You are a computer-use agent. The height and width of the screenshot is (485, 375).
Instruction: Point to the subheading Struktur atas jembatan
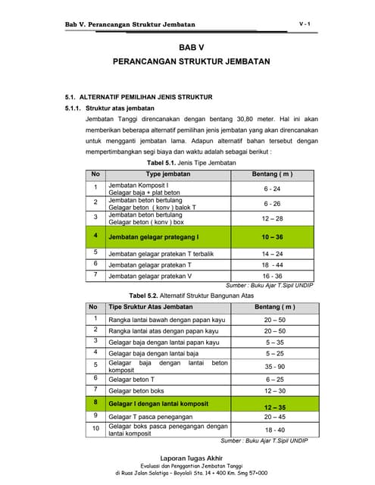click(x=120, y=109)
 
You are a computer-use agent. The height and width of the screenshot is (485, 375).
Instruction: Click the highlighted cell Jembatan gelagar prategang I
click(x=154, y=237)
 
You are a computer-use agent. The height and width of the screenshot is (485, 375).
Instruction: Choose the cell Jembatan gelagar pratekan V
click(x=150, y=276)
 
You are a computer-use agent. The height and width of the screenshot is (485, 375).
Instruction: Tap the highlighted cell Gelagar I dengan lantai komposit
click(x=161, y=404)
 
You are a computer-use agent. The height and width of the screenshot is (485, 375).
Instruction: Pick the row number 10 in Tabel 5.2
click(x=95, y=429)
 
